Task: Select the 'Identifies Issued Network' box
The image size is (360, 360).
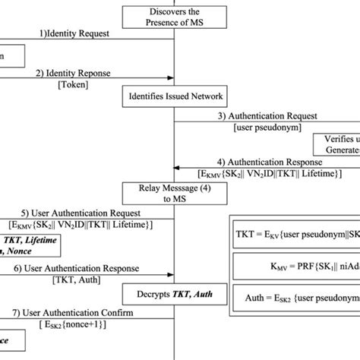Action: (x=175, y=96)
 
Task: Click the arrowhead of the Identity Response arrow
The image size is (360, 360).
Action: (x=170, y=79)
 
